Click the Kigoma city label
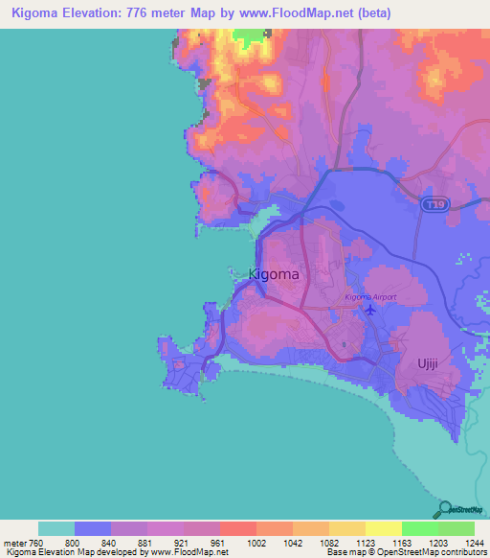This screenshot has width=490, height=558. coord(274,274)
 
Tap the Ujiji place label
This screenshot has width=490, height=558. coord(427,363)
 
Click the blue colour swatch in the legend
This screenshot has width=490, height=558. coord(93,528)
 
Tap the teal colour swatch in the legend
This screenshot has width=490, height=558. coord(56,528)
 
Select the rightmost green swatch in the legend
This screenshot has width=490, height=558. coord(457,528)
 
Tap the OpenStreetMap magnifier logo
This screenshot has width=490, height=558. coord(444,509)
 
